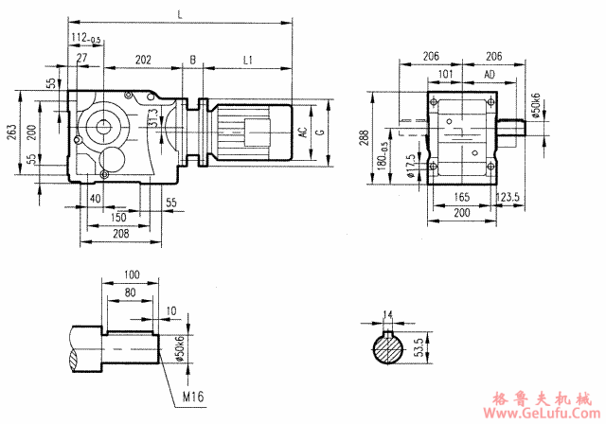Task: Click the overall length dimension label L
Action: (x=180, y=12)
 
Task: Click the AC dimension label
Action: (x=303, y=133)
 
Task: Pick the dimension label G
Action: (x=320, y=133)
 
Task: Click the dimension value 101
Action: (x=446, y=73)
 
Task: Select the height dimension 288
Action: (x=365, y=138)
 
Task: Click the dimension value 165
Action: (x=461, y=199)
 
